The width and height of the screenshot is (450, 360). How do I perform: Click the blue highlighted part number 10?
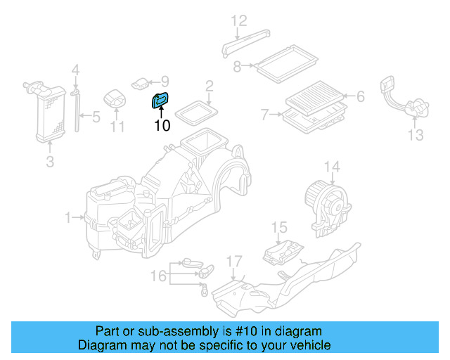click(x=161, y=101)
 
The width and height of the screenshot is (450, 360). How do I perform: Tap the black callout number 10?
click(x=162, y=127)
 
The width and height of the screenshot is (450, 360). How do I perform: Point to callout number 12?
click(x=239, y=20)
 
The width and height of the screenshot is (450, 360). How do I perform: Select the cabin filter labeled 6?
click(x=316, y=98)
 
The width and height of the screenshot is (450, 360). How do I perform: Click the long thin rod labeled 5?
click(x=76, y=113)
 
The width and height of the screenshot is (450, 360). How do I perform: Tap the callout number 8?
click(x=238, y=67)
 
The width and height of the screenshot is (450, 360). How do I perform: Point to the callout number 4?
click(x=75, y=70)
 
